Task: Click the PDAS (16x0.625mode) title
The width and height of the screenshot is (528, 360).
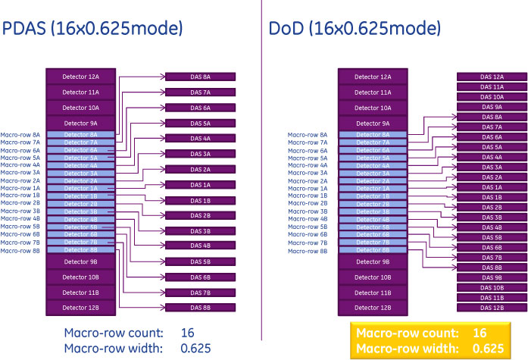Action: (93, 29)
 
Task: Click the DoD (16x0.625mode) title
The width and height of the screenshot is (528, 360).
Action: (355, 29)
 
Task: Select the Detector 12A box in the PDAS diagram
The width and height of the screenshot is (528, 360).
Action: (80, 77)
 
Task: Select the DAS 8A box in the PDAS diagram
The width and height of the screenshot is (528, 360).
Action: (201, 77)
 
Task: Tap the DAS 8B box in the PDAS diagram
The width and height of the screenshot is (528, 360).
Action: (201, 308)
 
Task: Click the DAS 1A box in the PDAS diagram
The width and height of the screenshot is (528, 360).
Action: (201, 185)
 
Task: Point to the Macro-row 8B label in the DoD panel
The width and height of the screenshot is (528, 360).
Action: (308, 250)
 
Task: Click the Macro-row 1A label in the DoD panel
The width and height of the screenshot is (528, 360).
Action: (308, 189)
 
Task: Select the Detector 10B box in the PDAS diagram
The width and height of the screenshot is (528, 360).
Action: (80, 277)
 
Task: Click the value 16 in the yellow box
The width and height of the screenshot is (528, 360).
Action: (479, 333)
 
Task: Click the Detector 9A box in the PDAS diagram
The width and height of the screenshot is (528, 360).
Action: (80, 123)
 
